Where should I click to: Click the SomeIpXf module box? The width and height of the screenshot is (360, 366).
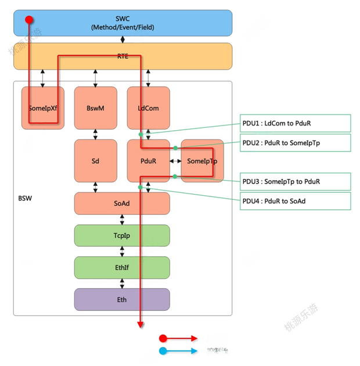pyautogui.click(x=42, y=108)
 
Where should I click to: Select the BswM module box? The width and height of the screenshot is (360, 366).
pyautogui.click(x=95, y=108)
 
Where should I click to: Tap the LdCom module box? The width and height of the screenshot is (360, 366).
pyautogui.click(x=148, y=108)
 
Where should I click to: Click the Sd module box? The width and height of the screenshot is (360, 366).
pyautogui.click(x=95, y=161)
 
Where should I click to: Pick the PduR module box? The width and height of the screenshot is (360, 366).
pyautogui.click(x=148, y=161)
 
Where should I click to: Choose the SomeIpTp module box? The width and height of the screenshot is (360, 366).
pyautogui.click(x=202, y=161)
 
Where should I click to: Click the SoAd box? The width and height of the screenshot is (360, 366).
pyautogui.click(x=122, y=203)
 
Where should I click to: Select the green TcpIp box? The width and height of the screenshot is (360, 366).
pyautogui.click(x=122, y=235)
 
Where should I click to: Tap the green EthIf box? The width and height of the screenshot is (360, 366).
pyautogui.click(x=122, y=267)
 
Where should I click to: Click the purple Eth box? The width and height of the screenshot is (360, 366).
pyautogui.click(x=122, y=299)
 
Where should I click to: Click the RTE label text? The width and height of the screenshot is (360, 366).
pyautogui.click(x=123, y=56)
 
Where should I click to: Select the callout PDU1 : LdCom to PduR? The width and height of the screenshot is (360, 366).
pyautogui.click(x=296, y=123)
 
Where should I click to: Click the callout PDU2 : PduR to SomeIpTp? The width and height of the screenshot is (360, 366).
pyautogui.click(x=296, y=143)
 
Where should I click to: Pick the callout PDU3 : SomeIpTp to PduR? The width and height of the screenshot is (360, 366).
pyautogui.click(x=296, y=181)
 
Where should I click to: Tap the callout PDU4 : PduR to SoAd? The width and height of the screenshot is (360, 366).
pyautogui.click(x=296, y=201)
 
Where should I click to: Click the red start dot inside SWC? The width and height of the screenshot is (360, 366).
pyautogui.click(x=28, y=20)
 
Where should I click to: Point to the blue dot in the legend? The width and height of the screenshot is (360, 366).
pyautogui.click(x=163, y=351)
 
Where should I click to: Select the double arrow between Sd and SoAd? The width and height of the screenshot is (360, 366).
pyautogui.click(x=95, y=187)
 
